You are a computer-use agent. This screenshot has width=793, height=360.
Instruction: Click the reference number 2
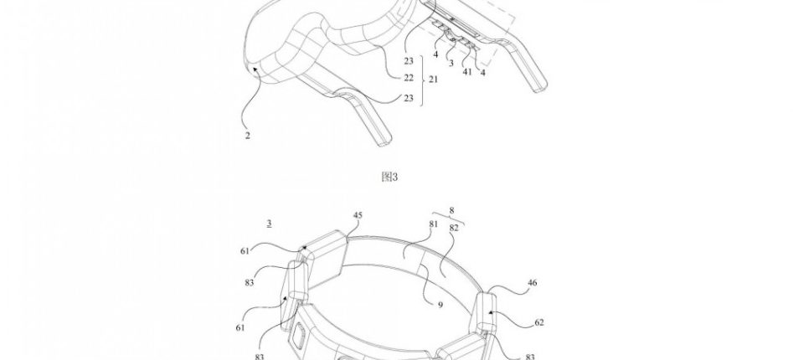pos(247,136)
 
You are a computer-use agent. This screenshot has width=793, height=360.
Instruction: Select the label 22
pos(409,78)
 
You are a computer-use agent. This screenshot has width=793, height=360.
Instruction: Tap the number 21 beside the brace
pos(434,80)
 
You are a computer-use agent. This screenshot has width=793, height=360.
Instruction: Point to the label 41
pos(467,72)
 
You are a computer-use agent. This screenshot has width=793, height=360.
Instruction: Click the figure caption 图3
pos(389,177)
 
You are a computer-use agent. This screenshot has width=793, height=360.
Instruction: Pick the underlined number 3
pos(269,223)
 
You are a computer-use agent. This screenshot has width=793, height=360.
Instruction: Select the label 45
pos(358,215)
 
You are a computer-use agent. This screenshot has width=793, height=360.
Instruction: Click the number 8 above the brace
pos(451,210)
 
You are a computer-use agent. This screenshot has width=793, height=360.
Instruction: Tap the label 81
pos(433,224)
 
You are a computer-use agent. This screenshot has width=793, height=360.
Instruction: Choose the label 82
pos(454,228)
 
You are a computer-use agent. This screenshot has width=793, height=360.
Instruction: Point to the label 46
pos(532,283)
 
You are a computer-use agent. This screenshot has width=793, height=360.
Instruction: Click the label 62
pos(539,322)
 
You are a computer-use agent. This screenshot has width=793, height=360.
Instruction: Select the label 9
pos(440,305)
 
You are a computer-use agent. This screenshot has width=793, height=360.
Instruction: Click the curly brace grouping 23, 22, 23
pos(422,80)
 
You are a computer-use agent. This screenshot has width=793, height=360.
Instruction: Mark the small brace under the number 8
pos(449,219)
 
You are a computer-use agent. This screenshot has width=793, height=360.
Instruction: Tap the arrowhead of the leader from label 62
pos(490,313)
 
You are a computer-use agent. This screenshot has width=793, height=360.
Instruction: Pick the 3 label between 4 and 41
pos(451,64)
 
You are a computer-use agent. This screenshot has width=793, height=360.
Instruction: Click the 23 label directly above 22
pos(409,61)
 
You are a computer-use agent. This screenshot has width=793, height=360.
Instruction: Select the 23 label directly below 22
pos(409,99)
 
